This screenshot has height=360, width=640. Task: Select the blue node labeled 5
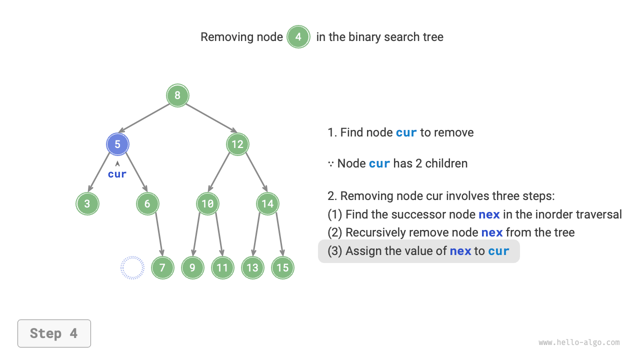coord(117,144)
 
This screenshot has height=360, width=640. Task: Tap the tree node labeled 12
coord(237,144)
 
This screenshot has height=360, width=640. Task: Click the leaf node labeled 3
coord(87,203)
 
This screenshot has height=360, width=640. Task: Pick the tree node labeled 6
coord(147,203)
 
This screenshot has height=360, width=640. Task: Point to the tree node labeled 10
coord(207,203)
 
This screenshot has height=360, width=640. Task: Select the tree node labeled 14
coord(267,203)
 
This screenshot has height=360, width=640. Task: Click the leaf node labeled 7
coord(162,267)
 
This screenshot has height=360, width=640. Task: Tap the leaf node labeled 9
coord(192,267)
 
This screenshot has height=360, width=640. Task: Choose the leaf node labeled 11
coord(222,267)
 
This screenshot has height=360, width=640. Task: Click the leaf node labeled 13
coord(252,267)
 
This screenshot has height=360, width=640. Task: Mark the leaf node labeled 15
coord(282,267)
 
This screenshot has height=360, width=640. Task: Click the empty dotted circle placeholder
coord(132,267)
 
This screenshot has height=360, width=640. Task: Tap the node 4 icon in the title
coord(298,37)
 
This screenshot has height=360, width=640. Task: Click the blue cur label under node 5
coord(117,174)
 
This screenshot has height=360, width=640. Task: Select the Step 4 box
coord(54,333)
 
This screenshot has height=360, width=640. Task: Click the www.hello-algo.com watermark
coord(579,342)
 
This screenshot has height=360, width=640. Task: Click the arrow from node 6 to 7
coord(158,235)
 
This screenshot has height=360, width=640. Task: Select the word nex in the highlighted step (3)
coord(460,251)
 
